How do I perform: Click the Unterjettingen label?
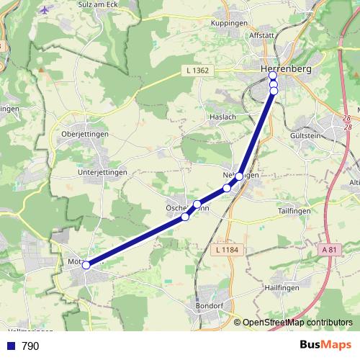(x=102, y=173)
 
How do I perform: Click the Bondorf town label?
(x=210, y=305)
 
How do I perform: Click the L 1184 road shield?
(x=227, y=250)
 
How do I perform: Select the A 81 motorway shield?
(x=328, y=250)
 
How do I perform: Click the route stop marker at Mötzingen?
(x=86, y=265)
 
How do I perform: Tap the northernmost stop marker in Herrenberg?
(x=273, y=76)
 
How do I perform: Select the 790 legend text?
(x=30, y=346)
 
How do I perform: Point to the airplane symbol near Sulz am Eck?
(x=47, y=10)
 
